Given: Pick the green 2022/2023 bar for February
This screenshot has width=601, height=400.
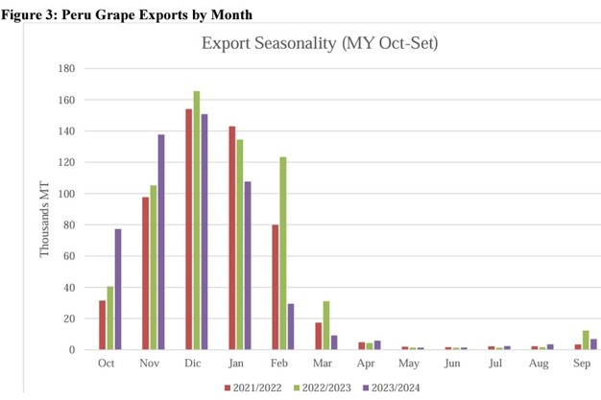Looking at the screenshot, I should tap(283, 253).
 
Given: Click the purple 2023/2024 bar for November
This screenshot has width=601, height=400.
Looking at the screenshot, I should tap(160, 242).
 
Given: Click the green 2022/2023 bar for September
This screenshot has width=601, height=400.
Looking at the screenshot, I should tap(585, 340).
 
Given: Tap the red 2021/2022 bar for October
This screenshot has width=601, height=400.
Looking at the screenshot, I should tap(101, 325).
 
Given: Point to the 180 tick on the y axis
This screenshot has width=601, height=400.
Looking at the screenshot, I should tap(67, 68).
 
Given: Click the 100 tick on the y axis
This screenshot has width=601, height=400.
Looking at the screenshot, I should tap(67, 194).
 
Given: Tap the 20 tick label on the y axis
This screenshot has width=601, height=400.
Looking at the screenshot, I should tap(70, 318).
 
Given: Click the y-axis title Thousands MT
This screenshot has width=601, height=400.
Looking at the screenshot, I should tap(43, 209).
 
